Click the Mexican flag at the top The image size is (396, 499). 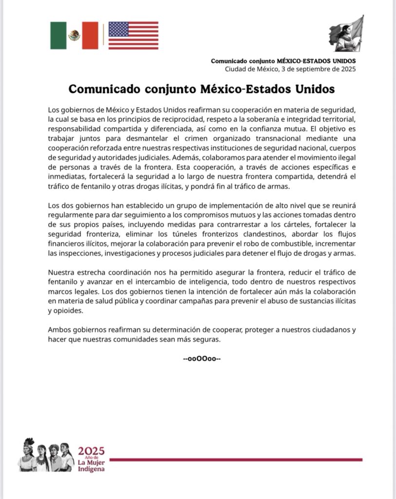(x=74, y=36)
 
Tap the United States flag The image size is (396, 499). (x=133, y=36)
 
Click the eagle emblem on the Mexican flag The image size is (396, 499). (x=74, y=35)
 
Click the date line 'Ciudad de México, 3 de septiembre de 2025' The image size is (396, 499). (x=290, y=69)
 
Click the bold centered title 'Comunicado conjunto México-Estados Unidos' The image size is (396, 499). (x=202, y=90)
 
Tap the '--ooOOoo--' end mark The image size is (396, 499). (x=202, y=359)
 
